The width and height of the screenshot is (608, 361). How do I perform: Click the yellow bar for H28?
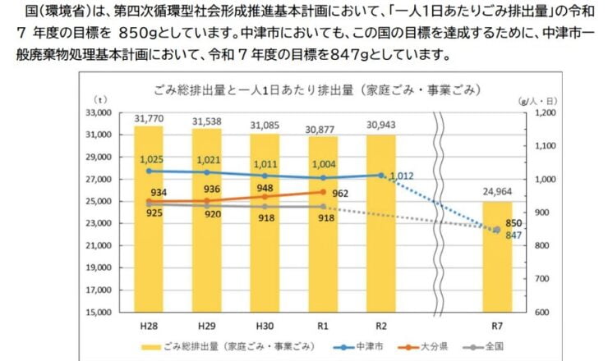point(149,246)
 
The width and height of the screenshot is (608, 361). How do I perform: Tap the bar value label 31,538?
point(207,121)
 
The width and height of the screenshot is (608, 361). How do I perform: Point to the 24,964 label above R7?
point(498,194)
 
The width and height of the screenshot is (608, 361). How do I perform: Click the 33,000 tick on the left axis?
point(99,112)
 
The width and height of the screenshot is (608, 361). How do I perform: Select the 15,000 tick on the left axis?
point(99,313)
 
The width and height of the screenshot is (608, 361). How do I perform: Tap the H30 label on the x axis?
point(265,325)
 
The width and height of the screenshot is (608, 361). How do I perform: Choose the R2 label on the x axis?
point(381,325)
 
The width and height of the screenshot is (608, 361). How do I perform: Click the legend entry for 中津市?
point(362,347)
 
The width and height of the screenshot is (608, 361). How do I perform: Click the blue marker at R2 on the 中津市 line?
point(381,175)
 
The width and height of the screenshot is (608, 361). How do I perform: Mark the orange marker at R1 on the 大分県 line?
point(323,191)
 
